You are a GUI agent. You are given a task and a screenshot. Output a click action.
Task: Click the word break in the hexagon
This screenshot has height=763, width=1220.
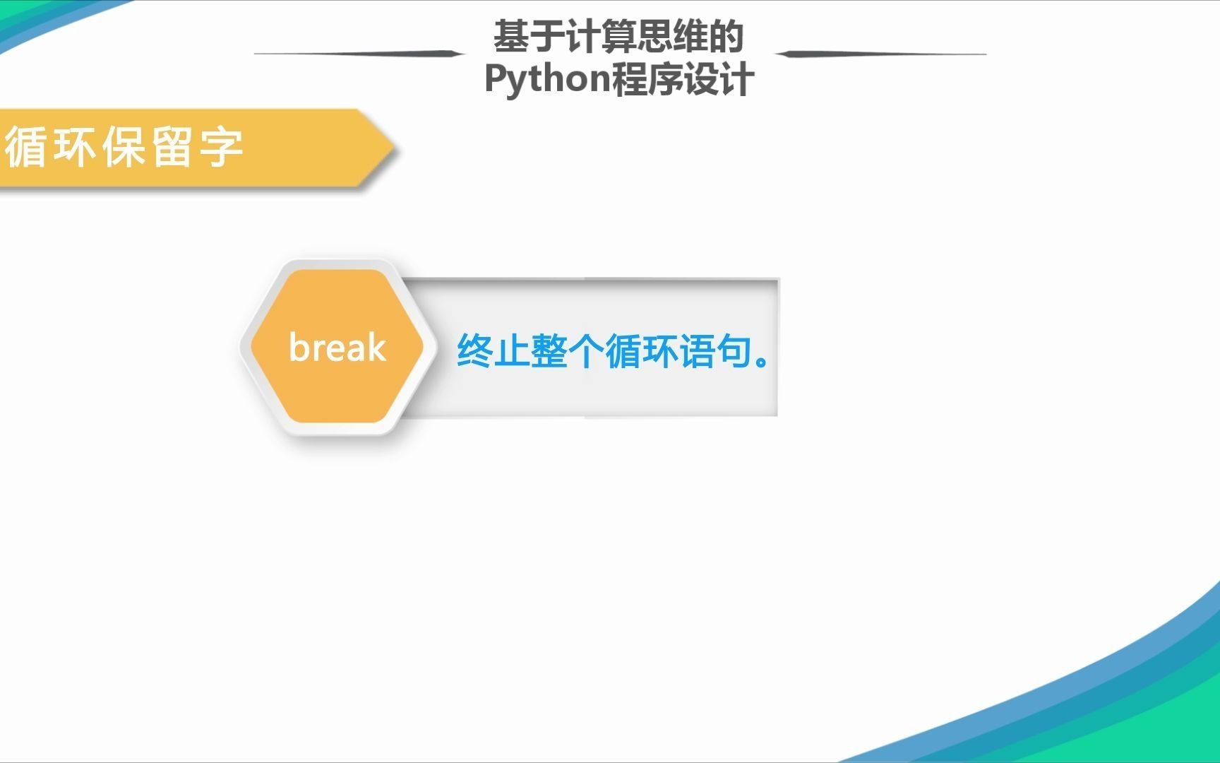pos(337,347)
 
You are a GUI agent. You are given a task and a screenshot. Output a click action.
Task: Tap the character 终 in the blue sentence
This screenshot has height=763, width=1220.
pos(475,350)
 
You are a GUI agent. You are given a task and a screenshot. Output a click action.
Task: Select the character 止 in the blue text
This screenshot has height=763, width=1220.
pos(512,350)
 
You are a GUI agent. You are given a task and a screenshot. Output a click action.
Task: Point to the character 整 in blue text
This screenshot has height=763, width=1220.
pos(549,350)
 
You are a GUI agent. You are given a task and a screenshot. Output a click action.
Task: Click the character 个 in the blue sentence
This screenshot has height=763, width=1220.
pos(586,350)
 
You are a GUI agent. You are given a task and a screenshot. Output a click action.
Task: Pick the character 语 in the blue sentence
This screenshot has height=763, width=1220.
pos(698,350)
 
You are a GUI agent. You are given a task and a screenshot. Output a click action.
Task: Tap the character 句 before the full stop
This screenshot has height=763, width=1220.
pos(734,350)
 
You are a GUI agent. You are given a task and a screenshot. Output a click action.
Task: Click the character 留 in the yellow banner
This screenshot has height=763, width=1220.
pos(172,147)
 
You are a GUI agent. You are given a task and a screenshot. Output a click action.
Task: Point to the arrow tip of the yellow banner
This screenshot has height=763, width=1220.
pos(396,149)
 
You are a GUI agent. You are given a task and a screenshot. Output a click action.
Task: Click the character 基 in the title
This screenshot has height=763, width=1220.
pos(511,37)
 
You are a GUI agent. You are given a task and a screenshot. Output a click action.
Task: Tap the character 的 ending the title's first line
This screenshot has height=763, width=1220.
pos(726,37)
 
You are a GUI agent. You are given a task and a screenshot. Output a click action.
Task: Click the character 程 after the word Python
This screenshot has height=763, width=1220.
pos(630,79)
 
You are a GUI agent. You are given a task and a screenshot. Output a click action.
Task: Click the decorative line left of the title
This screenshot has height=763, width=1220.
pos(359,53)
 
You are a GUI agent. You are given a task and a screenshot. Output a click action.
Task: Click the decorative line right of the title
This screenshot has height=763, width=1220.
pos(880,54)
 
